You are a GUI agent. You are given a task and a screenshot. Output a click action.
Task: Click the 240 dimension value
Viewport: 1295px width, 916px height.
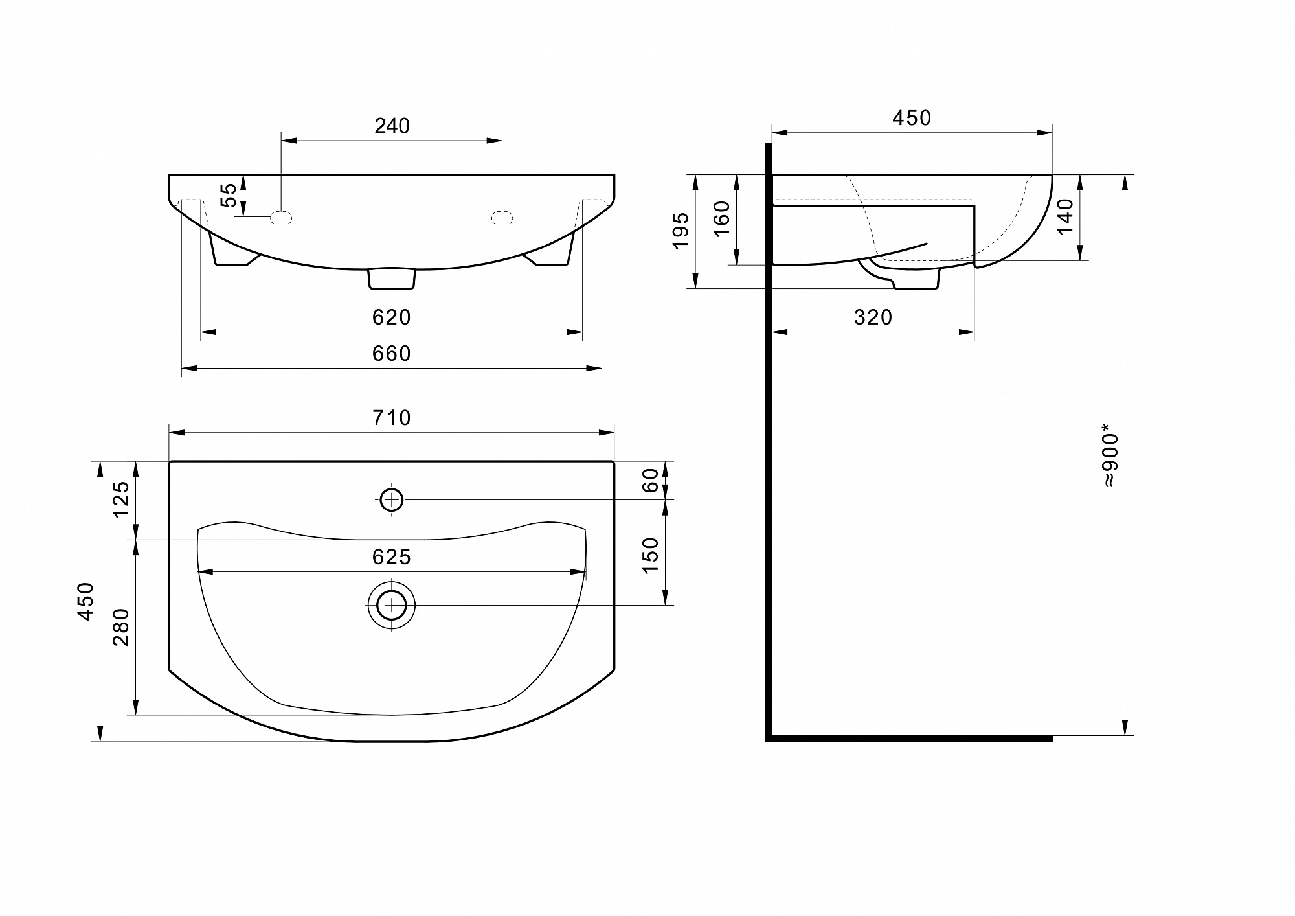(x=392, y=126)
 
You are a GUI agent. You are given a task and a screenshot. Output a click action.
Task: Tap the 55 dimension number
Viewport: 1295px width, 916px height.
(x=229, y=195)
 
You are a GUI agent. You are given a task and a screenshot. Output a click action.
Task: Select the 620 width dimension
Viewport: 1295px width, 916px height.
(x=392, y=317)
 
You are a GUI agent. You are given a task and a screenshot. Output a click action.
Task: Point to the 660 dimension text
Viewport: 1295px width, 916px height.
(x=392, y=353)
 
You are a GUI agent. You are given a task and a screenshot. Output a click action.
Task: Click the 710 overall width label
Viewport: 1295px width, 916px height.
(x=392, y=418)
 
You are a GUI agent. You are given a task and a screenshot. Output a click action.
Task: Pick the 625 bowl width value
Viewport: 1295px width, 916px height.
(x=392, y=557)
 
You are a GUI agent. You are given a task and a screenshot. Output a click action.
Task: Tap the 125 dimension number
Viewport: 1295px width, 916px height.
(x=122, y=499)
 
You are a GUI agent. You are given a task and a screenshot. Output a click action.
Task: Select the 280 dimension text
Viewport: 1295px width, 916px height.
(x=122, y=627)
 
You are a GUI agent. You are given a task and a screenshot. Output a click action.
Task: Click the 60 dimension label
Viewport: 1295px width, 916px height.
(x=650, y=480)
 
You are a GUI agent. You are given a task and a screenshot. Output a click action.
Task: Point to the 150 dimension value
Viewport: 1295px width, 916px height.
(x=650, y=555)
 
